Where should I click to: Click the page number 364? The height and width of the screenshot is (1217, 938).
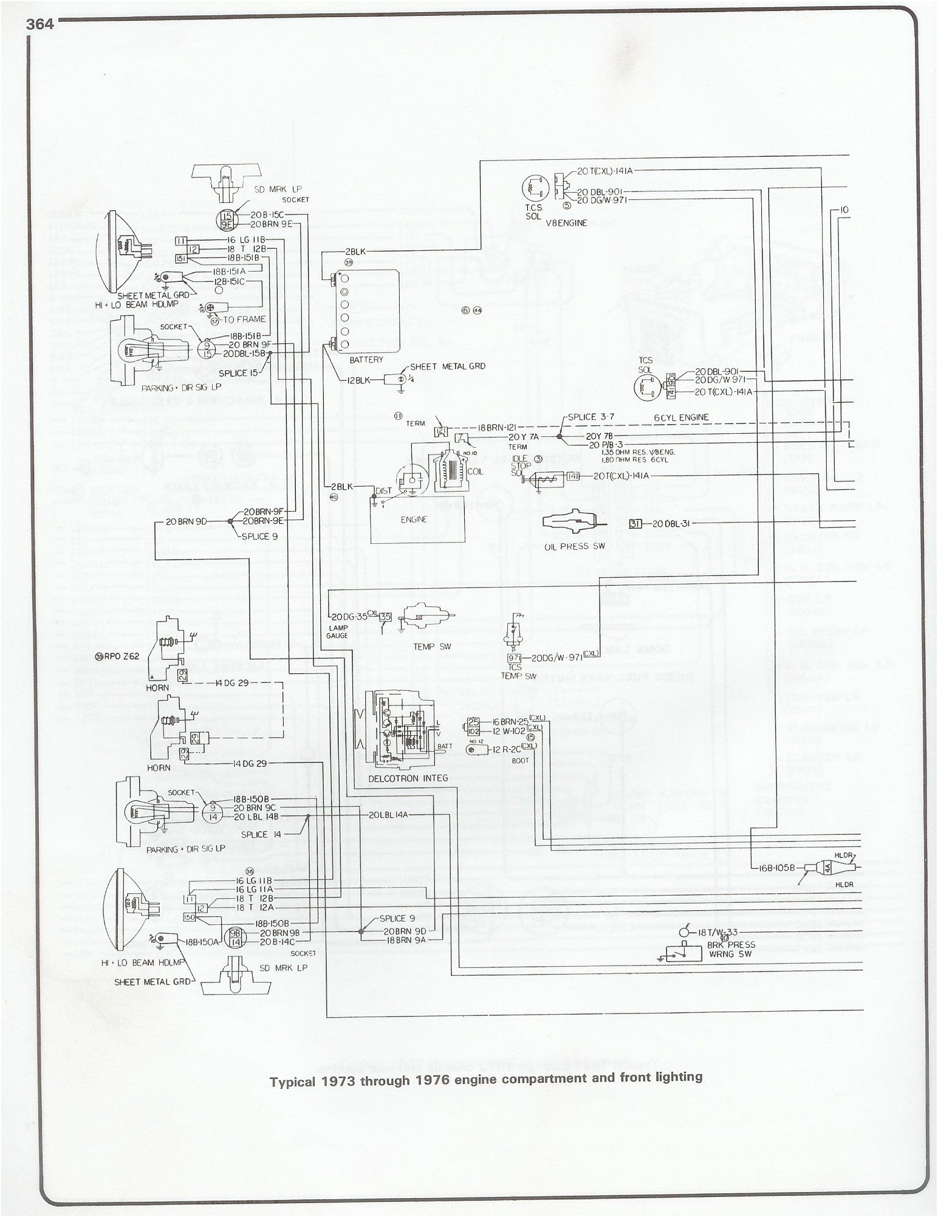(x=40, y=24)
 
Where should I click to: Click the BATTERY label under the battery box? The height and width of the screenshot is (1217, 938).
(x=366, y=360)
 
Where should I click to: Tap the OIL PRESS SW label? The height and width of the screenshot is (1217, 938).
(x=567, y=546)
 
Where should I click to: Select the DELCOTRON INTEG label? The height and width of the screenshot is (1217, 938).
(x=408, y=778)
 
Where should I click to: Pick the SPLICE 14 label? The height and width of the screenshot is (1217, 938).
(x=262, y=834)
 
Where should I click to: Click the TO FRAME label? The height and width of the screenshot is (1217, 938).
(x=245, y=319)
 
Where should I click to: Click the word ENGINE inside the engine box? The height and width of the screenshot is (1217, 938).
(x=414, y=519)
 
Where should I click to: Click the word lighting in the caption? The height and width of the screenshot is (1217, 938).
(x=679, y=1077)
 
